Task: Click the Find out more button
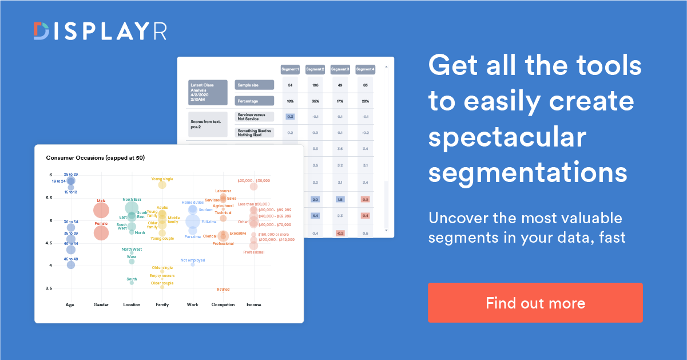(535, 303)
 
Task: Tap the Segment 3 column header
(340, 69)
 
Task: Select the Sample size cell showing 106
(315, 85)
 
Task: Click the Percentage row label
(254, 101)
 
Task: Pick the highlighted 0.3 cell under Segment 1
(290, 117)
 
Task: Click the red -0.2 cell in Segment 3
(340, 233)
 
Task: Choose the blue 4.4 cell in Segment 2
(315, 216)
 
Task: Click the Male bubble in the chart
(101, 209)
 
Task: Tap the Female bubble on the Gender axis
(101, 232)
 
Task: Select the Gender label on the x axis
(101, 304)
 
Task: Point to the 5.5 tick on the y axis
(50, 198)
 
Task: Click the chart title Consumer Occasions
(95, 157)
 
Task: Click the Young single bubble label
(162, 179)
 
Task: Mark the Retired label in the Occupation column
(223, 290)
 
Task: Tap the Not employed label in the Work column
(193, 260)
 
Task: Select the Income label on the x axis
(253, 304)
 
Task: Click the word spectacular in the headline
(508, 137)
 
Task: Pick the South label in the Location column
(132, 279)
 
